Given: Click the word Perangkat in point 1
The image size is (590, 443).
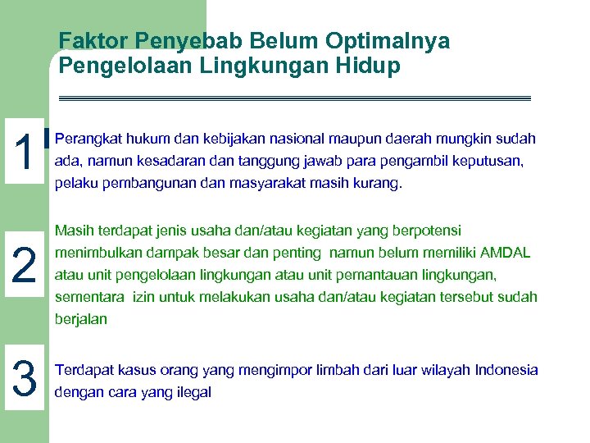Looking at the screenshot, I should pyautogui.click(x=85, y=139).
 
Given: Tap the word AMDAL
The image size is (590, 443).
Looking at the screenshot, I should pyautogui.click(x=505, y=253).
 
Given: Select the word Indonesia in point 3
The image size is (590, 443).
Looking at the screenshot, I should pyautogui.click(x=501, y=370).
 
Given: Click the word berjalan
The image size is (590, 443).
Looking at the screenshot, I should pyautogui.click(x=80, y=319).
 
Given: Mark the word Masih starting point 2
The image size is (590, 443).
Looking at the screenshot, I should pyautogui.click(x=72, y=231).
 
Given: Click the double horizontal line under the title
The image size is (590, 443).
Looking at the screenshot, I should pyautogui.click(x=295, y=98).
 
